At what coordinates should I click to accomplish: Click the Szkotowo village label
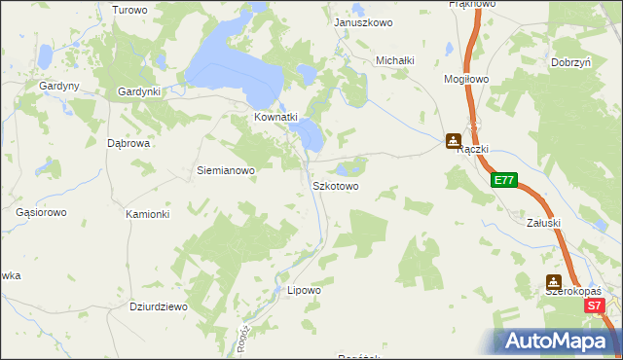pyautogui.click(x=336, y=185)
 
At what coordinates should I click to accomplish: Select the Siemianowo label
pyautogui.click(x=226, y=170)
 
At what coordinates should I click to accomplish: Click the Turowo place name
pyautogui.click(x=129, y=10)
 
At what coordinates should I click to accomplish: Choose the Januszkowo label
pyautogui.click(x=362, y=21)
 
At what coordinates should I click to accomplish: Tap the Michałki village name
pyautogui.click(x=396, y=60)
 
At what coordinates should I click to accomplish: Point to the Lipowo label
pyautogui.click(x=304, y=290)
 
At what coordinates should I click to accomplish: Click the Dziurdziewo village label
pyautogui.click(x=159, y=306)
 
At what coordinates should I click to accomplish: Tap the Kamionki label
pyautogui.click(x=148, y=214)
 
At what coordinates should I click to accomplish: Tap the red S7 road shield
pyautogui.click(x=596, y=306)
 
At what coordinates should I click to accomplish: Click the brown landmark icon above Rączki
pyautogui.click(x=454, y=140)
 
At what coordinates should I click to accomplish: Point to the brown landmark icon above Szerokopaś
pyautogui.click(x=553, y=280)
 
